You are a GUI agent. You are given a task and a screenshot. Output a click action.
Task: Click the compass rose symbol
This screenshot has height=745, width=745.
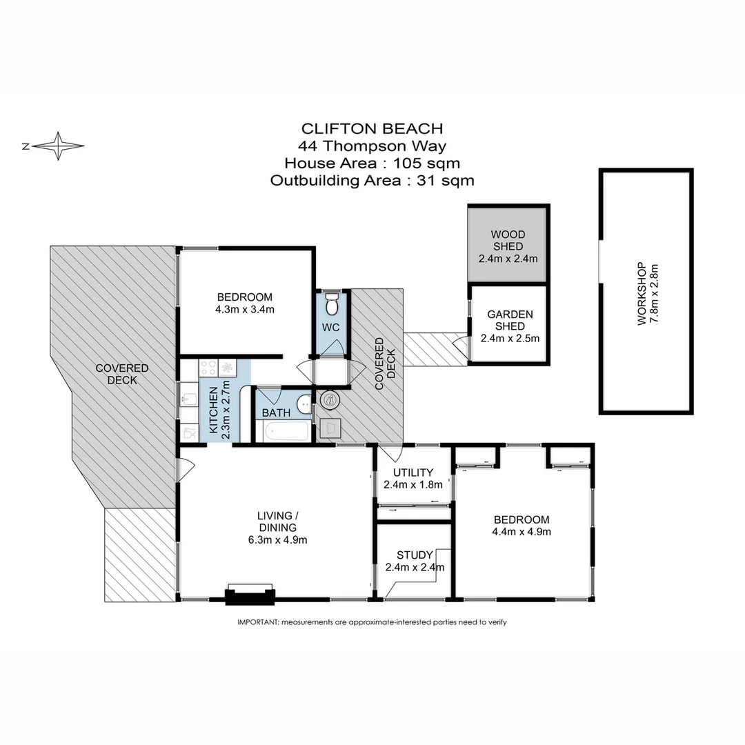click(59, 146)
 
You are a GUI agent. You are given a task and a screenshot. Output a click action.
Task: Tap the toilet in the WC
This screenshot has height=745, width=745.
click(332, 302)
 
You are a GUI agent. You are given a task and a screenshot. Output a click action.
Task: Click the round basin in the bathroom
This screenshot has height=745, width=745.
click(304, 403)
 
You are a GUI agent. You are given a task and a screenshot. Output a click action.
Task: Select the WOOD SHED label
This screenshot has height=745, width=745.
click(508, 241)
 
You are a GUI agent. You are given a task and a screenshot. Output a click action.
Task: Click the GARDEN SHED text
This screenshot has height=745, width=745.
click(509, 319)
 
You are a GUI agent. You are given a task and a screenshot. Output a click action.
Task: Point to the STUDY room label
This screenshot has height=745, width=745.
click(415, 555)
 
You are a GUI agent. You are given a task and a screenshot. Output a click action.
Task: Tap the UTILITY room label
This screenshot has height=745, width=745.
click(413, 473)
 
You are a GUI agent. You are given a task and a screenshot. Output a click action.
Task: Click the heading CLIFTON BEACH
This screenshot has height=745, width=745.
click(372, 128)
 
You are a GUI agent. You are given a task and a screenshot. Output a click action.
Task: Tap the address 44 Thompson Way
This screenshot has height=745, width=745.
click(372, 146)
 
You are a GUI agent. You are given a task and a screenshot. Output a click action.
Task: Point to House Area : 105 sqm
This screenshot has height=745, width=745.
click(372, 163)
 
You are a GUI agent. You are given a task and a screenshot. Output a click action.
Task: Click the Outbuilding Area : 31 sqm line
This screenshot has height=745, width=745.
click(372, 181)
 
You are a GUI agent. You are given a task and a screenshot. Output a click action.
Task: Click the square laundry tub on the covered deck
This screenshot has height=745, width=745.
click(330, 428)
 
